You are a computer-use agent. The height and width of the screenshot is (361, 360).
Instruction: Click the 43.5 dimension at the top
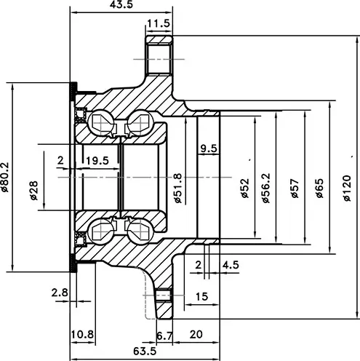point(121,4)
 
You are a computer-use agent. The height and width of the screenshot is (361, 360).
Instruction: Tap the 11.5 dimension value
point(159,23)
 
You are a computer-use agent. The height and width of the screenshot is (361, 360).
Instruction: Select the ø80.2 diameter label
point(5,177)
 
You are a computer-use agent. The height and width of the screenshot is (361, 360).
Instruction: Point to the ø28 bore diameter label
point(34,191)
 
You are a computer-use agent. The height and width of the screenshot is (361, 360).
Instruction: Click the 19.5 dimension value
point(97,161)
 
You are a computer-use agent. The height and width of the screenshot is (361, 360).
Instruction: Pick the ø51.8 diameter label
point(178,188)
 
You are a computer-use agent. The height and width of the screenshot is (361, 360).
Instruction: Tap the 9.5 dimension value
point(208,148)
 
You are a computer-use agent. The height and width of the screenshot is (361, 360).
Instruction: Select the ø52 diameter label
point(245,189)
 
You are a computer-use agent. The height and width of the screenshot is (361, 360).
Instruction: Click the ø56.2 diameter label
point(266,188)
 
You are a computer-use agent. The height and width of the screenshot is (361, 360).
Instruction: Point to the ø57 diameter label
point(295,189)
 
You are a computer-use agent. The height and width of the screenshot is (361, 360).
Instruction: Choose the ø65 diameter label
point(320,189)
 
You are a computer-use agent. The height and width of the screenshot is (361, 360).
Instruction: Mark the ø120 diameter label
point(347,188)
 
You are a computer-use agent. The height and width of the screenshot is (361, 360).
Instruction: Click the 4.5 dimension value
point(231,265)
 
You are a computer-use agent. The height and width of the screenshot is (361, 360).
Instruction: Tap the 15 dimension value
point(201,296)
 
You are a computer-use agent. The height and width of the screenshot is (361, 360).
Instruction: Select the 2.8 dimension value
point(60,293)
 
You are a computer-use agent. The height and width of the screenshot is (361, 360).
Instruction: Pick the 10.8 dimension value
point(82,335)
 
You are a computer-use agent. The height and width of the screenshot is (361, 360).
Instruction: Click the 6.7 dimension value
point(165,336)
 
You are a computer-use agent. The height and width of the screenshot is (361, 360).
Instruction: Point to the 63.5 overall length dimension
point(145,351)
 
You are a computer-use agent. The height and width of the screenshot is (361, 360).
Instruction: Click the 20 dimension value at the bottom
point(196,335)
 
